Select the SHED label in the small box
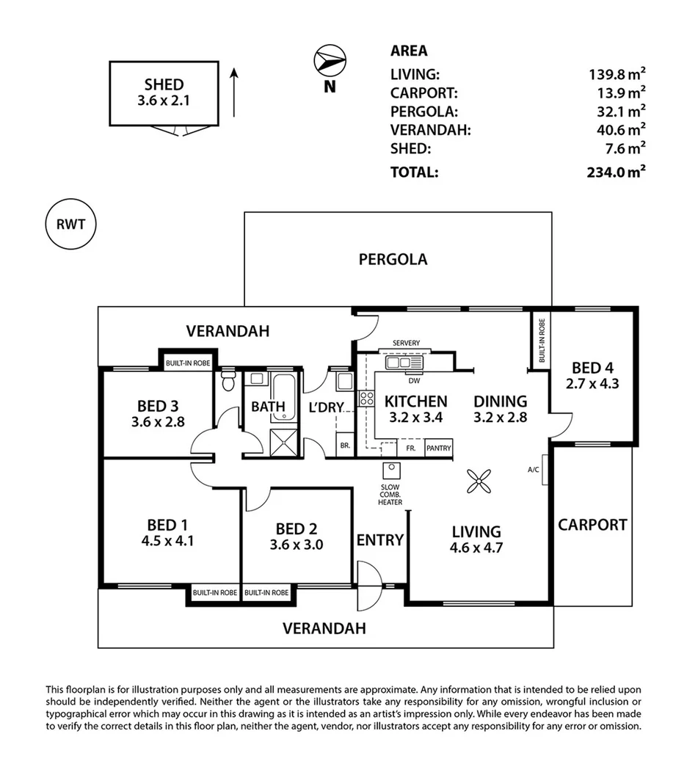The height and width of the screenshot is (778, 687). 164,84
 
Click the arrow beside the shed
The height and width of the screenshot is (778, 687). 234,92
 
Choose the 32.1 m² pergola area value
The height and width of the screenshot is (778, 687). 621,112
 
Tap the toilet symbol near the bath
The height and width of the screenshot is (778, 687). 228,381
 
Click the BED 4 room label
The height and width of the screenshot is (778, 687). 591,367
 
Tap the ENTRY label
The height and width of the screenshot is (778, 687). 379,540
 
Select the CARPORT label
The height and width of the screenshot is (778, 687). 592,525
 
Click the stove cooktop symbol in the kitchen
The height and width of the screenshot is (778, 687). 366,399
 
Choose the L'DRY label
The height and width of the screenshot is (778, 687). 326,407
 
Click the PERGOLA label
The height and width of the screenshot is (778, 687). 393,259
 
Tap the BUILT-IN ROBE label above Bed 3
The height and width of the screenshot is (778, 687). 187,363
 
